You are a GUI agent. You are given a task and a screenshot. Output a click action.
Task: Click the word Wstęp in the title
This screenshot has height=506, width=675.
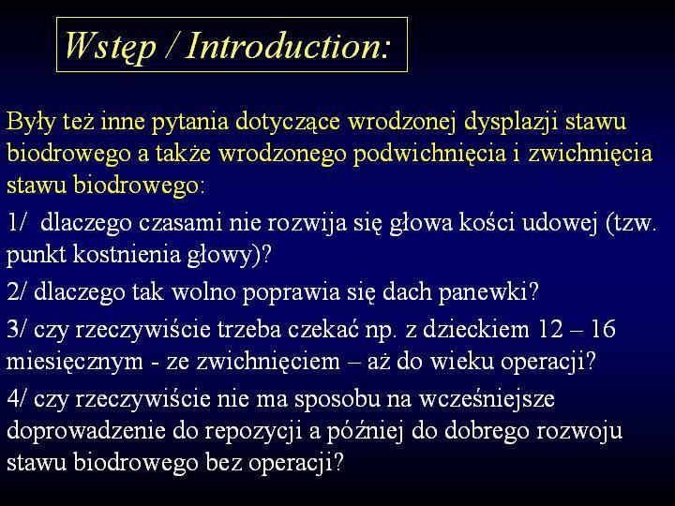pyautogui.click(x=111, y=47)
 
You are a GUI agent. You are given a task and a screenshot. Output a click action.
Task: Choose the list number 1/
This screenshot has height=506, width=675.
pyautogui.click(x=17, y=222)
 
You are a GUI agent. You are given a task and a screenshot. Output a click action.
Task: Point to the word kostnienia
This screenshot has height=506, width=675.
pyautogui.click(x=127, y=255)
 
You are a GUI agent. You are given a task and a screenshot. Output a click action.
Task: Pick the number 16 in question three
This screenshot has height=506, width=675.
pyautogui.click(x=603, y=329)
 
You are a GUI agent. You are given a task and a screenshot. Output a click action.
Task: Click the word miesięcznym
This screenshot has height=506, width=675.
pyautogui.click(x=74, y=363)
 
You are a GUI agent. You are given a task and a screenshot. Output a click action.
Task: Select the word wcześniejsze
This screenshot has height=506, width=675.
pyautogui.click(x=487, y=400)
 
